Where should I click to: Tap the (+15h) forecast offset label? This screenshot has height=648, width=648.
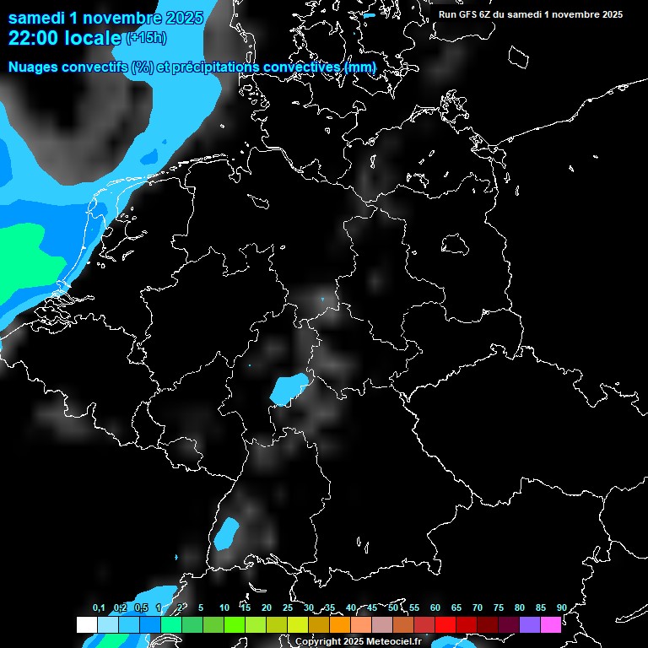click(x=145, y=38)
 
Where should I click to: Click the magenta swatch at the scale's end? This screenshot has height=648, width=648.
click(x=551, y=624)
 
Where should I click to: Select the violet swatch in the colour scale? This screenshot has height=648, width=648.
click(x=530, y=624)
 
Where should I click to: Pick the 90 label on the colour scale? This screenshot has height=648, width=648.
click(x=561, y=607)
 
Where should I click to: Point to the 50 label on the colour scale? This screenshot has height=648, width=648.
click(x=393, y=607)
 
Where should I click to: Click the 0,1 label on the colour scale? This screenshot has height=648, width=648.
click(x=99, y=607)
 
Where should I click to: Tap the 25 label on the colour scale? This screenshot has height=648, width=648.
click(x=288, y=607)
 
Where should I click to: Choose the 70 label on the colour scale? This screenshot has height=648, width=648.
click(x=478, y=607)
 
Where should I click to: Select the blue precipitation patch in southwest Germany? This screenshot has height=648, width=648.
click(x=226, y=534)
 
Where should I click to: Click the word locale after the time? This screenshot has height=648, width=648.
click(x=95, y=37)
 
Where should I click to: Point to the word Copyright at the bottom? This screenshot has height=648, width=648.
click(x=319, y=642)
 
